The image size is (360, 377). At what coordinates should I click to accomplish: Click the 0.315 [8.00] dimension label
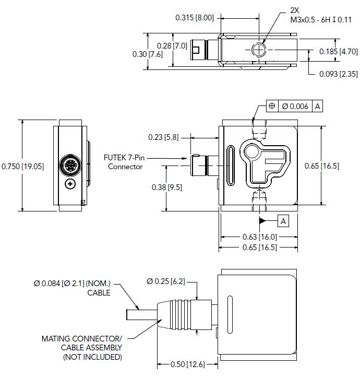tap(195, 18)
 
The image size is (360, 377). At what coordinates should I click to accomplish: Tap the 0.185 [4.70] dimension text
tap(338, 51)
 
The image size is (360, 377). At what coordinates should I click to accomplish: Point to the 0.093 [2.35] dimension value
tap(338, 74)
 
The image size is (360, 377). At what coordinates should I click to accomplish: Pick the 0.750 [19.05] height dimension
tap(22, 166)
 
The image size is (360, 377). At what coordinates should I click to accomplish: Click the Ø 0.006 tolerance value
tap(295, 106)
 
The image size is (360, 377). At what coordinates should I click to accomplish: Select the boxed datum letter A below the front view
tap(283, 221)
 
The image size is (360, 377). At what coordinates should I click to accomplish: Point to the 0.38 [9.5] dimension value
tap(166, 187)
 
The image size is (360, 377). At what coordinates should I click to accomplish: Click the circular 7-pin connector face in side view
tap(69, 166)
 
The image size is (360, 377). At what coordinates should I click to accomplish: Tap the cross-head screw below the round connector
tap(70, 184)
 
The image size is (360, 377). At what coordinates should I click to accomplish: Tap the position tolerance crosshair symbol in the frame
tap(272, 106)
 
